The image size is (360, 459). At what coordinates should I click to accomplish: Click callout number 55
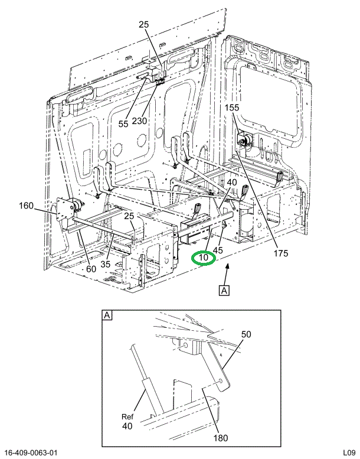(x=123, y=124)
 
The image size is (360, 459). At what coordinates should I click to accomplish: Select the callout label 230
(x=140, y=121)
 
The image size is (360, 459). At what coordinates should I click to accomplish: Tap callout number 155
(x=232, y=108)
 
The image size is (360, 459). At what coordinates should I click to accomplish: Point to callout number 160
(x=26, y=206)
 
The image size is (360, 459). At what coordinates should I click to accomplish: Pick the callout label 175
(x=280, y=254)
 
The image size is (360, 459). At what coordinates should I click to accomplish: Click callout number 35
(x=105, y=264)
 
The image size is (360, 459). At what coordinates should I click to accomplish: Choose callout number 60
(x=91, y=270)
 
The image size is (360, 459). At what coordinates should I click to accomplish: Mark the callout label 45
(x=218, y=251)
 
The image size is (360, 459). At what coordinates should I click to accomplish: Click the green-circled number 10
(x=204, y=258)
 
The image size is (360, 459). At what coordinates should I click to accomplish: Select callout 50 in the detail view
(x=246, y=334)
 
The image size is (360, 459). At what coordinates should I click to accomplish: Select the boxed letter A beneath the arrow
(x=224, y=290)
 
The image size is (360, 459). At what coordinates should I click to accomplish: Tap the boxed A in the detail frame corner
(x=107, y=315)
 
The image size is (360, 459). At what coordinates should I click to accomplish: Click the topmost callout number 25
(x=145, y=24)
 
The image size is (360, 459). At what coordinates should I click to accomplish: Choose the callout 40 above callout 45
(x=232, y=183)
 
